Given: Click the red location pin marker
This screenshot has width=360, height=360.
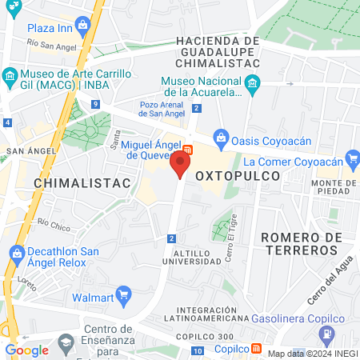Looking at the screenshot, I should point(181,165).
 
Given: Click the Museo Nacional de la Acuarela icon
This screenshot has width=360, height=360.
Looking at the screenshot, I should point(252,82).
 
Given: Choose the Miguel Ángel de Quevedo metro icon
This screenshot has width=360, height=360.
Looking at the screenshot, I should point(186,149).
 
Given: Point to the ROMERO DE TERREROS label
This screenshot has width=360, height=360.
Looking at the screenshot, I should point(302,243).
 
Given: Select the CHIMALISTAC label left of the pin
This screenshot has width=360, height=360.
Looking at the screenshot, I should point(82,183).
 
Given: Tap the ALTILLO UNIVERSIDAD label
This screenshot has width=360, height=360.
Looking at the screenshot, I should point(192,256).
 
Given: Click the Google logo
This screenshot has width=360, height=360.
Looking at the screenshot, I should point(26,350).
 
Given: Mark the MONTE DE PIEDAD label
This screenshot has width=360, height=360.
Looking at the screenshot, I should point(334,187).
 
